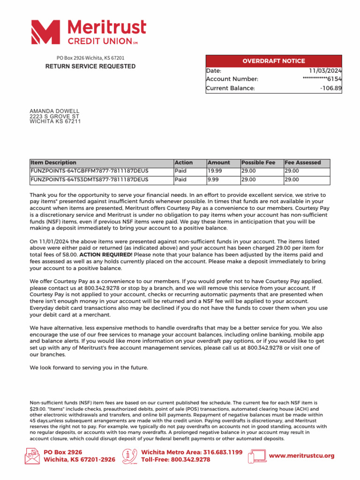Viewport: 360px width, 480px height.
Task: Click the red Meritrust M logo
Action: point(45,32)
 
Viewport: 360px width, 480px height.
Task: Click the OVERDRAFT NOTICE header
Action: point(273,61)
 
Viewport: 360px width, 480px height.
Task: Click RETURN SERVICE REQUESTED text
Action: point(90,67)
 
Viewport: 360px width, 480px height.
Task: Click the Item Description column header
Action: point(53,163)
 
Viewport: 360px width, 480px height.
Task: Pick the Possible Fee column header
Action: point(258,163)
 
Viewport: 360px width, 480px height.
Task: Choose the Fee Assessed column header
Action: point(302,163)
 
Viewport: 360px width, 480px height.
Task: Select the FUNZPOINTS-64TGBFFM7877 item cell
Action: point(89,171)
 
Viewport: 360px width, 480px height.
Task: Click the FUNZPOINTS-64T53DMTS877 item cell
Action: point(89,180)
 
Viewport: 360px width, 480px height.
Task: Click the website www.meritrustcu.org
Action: point(301,456)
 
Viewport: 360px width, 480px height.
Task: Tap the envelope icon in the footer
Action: point(32,456)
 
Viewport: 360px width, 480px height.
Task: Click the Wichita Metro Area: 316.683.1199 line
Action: point(191,452)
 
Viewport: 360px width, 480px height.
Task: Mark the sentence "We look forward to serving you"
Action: point(89,367)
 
